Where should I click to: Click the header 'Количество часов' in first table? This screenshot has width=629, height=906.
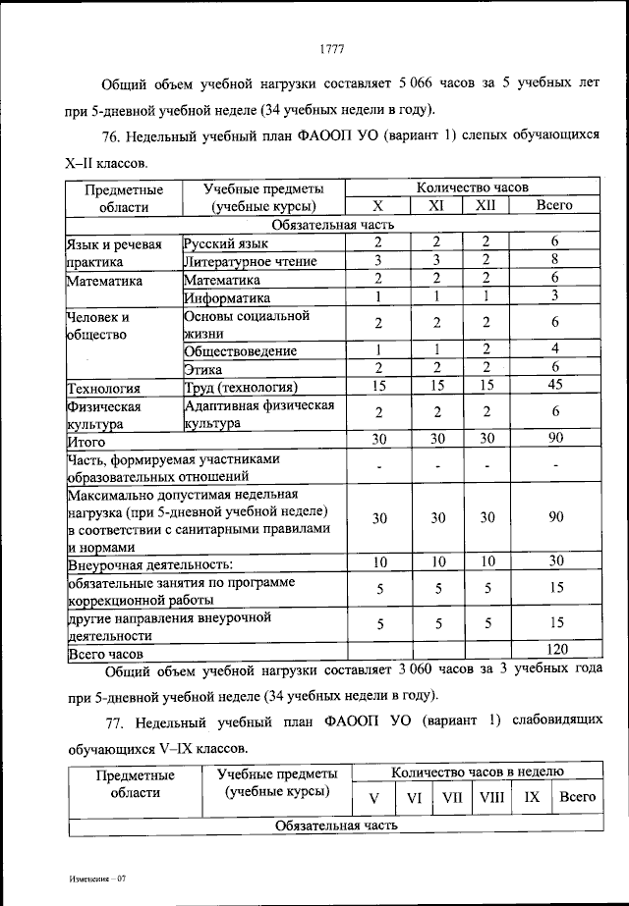[472, 187]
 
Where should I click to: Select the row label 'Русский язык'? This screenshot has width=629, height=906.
[224, 242]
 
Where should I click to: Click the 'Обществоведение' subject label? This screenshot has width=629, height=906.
[241, 350]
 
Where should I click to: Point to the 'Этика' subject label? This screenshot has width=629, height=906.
[203, 368]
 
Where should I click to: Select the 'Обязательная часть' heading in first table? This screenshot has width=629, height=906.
[333, 224]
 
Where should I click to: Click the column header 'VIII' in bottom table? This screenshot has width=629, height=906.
[490, 797]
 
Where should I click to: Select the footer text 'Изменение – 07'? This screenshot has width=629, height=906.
[98, 879]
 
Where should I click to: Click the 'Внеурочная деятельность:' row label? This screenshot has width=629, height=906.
[150, 564]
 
